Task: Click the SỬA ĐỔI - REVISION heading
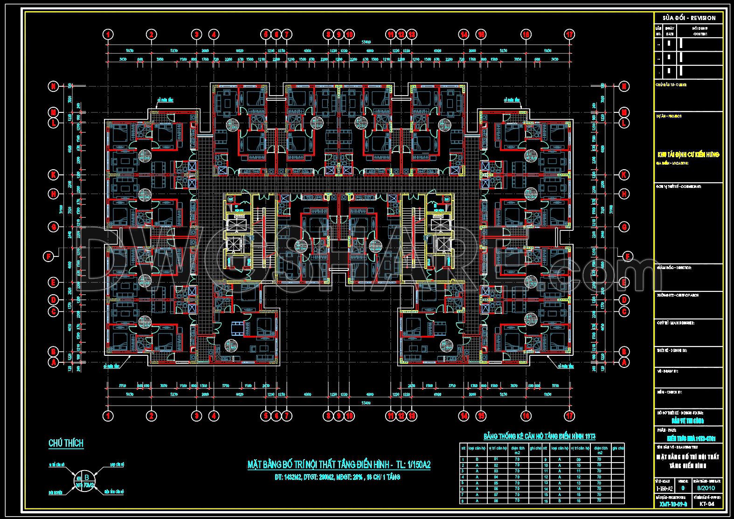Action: (689, 18)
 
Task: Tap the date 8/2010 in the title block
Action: (707, 488)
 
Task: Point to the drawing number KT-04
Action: (707, 504)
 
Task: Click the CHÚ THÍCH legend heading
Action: (66, 443)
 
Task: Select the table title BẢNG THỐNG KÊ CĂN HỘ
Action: (539, 437)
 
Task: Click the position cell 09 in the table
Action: (579, 459)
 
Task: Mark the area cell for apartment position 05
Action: (517, 483)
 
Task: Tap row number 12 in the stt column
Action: (546, 477)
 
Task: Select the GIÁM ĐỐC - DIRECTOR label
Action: (674, 268)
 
